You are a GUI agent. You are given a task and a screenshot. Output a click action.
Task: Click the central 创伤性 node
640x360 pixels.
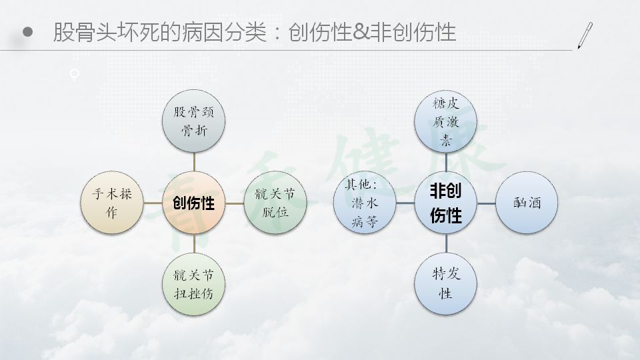click(193, 203)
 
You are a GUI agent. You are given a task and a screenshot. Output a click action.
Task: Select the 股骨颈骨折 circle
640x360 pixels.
click(193, 121)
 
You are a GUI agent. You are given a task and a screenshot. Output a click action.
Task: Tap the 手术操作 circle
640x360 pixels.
click(112, 203)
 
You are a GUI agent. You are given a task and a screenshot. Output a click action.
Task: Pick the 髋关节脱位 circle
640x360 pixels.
click(275, 203)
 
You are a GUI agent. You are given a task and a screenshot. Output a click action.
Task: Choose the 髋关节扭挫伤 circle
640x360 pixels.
click(193, 284)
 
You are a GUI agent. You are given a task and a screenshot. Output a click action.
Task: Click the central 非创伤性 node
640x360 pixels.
click(446, 203)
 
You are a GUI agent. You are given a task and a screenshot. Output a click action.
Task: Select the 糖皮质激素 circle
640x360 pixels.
click(446, 121)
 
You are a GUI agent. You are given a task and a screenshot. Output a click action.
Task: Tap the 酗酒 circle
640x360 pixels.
click(527, 203)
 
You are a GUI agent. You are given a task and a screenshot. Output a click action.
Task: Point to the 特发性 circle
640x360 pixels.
click(446, 284)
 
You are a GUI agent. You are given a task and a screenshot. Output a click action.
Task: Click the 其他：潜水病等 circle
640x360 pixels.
click(365, 203)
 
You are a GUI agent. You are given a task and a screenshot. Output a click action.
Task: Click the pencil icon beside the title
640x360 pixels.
click(585, 35)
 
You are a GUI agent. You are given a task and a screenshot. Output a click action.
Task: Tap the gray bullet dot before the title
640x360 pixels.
click(27, 32)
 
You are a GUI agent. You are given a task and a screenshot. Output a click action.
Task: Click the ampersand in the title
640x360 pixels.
click(361, 32)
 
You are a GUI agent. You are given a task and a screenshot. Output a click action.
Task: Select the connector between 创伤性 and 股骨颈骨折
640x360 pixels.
click(194, 162)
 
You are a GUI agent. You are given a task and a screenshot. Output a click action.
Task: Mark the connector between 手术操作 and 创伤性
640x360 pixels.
click(153, 203)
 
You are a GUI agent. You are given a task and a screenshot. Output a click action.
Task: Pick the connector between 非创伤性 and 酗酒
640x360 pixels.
click(486, 203)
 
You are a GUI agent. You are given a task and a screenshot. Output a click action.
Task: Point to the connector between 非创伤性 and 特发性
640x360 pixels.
click(446, 244)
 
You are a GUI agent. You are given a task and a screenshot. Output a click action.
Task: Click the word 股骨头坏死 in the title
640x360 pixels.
click(106, 32)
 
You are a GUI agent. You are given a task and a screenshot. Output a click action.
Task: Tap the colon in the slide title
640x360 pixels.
click(277, 33)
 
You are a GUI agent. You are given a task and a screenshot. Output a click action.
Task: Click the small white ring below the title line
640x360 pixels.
click(74, 74)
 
